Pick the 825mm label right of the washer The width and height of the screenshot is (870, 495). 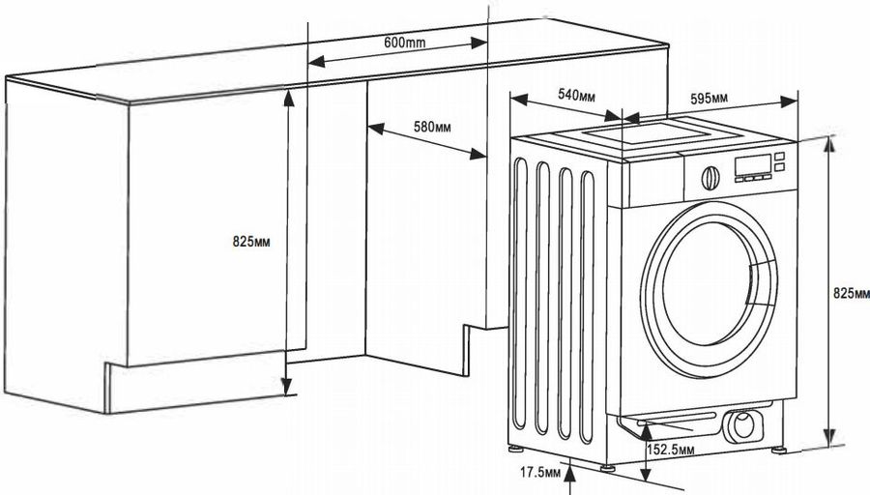point(850,293)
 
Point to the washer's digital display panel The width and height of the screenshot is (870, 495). point(756,167)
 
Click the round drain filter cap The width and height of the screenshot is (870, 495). point(743,422)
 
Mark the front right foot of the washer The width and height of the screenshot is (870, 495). point(775,449)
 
